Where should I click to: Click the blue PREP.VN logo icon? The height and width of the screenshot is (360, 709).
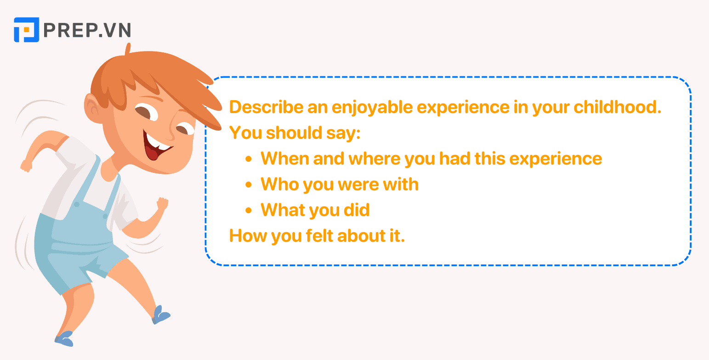coord(26,30)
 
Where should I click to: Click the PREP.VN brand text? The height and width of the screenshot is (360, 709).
coord(87,30)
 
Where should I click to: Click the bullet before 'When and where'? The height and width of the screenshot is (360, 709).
coord(249,159)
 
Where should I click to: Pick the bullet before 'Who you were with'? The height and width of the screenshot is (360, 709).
coord(249,185)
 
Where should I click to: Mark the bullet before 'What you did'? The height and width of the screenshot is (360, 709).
coord(249,211)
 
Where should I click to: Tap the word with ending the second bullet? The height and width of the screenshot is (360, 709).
coord(401,184)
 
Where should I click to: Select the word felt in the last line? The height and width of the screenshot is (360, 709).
coord(319,236)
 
